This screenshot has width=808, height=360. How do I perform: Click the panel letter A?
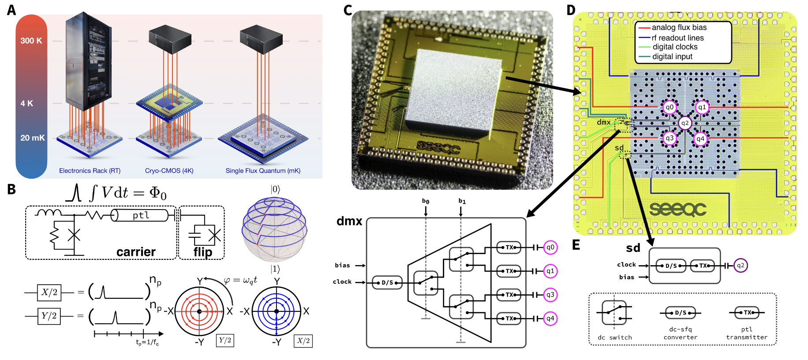coord(11,10)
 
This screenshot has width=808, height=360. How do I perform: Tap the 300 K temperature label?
coord(31,41)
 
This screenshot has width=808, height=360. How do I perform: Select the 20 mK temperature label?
coord(32,138)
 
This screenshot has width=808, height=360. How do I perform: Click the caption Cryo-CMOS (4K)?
coord(169,171)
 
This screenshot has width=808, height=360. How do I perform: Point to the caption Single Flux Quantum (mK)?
coord(263,171)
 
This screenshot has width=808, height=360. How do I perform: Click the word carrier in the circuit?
coord(136,252)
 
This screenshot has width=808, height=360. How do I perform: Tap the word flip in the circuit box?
coord(203,252)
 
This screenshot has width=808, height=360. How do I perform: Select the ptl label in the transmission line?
coord(141,215)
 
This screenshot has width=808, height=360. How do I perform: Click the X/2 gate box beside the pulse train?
coord(49,292)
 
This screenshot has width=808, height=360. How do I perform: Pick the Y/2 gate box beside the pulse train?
coord(49,316)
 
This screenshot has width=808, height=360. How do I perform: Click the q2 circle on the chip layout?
coord(685,123)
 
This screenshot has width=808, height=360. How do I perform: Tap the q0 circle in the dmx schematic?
coord(550,247)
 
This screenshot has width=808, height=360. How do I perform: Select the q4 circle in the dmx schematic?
coord(550,319)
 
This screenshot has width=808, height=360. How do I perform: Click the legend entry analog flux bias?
coord(679,28)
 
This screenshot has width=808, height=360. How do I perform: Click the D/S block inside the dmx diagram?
coord(387,282)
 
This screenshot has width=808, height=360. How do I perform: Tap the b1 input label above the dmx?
coord(462,201)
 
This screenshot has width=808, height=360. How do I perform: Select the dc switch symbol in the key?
coord(614,312)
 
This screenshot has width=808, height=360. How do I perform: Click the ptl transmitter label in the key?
coord(747,333)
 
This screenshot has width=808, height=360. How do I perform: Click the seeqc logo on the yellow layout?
coord(678,209)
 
